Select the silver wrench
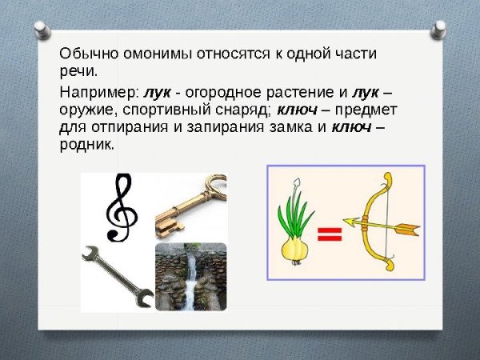[x=117, y=276]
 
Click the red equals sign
[x=330, y=234]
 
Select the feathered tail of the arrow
[x=409, y=230]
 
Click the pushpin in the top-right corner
[x=438, y=30]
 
